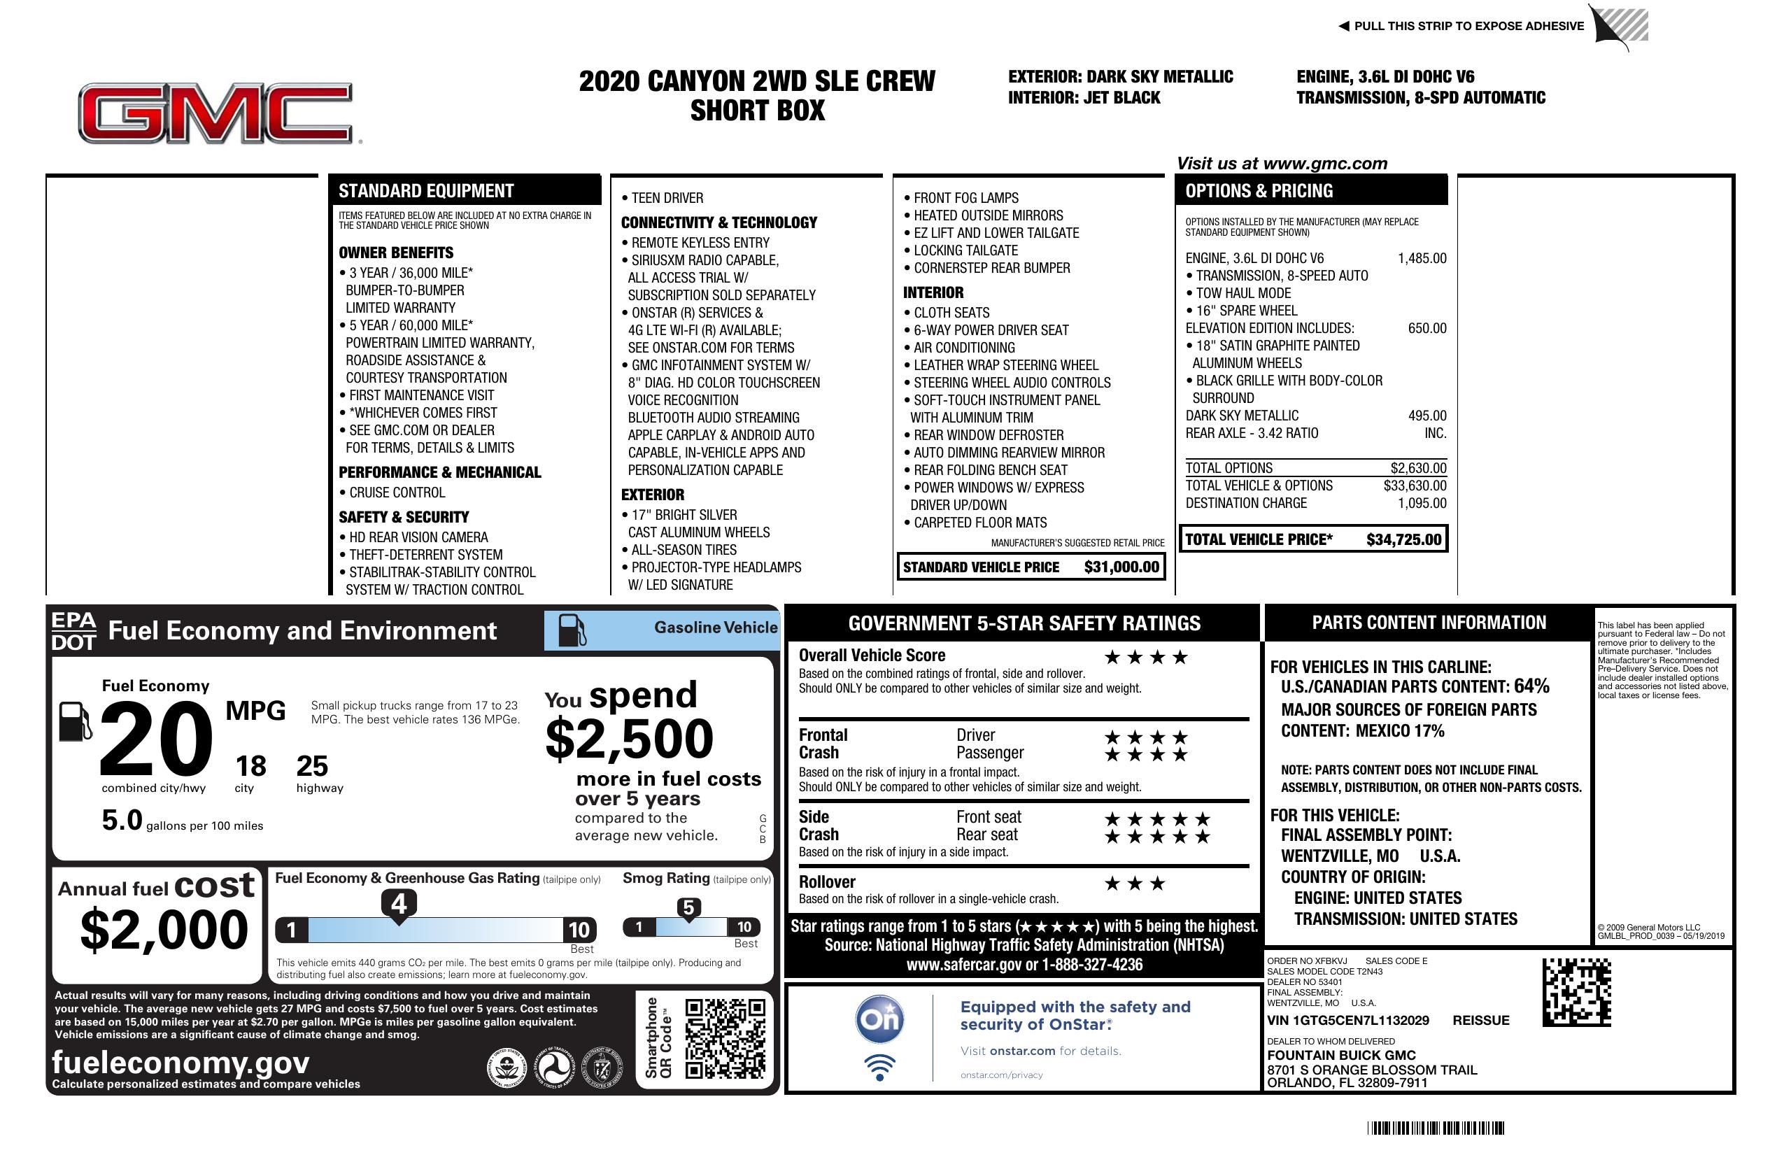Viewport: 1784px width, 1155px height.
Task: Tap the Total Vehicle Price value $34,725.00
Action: [x=1403, y=539]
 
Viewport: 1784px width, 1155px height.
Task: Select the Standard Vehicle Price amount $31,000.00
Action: [x=1121, y=567]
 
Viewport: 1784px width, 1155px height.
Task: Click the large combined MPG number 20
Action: [x=156, y=739]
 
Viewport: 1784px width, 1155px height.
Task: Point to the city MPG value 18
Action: [x=250, y=766]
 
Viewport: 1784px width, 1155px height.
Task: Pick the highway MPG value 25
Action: [x=312, y=766]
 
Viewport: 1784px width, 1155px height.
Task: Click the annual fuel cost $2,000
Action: [x=164, y=930]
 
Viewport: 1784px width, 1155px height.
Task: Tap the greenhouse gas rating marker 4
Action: [x=399, y=904]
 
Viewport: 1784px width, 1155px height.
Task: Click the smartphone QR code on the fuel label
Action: [x=725, y=1038]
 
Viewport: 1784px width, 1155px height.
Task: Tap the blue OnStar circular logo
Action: [x=879, y=1019]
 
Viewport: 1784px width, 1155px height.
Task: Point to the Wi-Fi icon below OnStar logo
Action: [x=879, y=1067]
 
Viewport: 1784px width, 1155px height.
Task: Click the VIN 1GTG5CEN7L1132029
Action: [x=1347, y=1020]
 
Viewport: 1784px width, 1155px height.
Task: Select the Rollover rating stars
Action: [x=1135, y=884]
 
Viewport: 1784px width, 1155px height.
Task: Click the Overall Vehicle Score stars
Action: [x=1146, y=658]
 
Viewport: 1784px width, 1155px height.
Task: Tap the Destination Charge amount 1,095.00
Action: [x=1422, y=504]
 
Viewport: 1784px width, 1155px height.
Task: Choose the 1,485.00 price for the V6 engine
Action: [x=1422, y=259]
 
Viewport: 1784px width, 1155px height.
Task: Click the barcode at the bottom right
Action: [x=1436, y=1128]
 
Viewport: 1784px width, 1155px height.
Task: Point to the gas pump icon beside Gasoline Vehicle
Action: [x=572, y=630]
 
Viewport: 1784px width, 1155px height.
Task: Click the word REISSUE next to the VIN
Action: [x=1480, y=1020]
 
